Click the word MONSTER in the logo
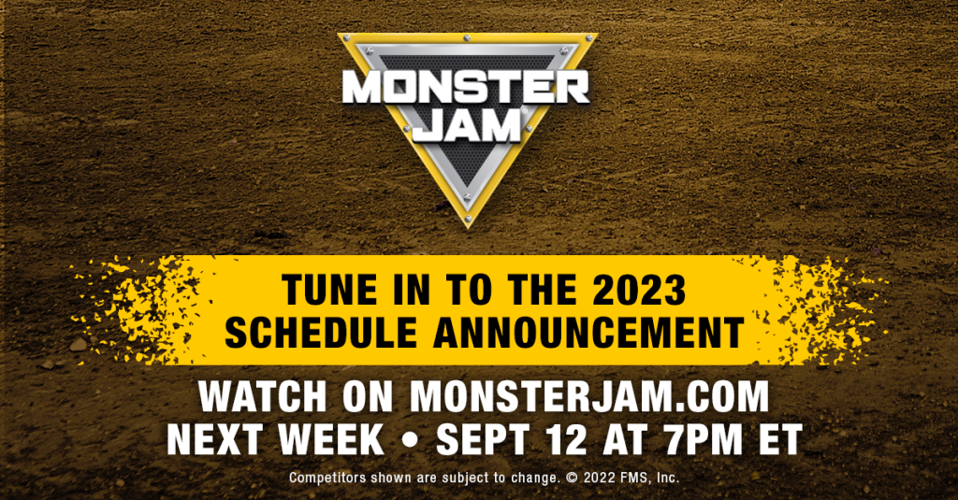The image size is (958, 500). tap(465, 88)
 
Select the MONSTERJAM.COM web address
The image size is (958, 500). tap(589, 398)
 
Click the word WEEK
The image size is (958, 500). tap(337, 439)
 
